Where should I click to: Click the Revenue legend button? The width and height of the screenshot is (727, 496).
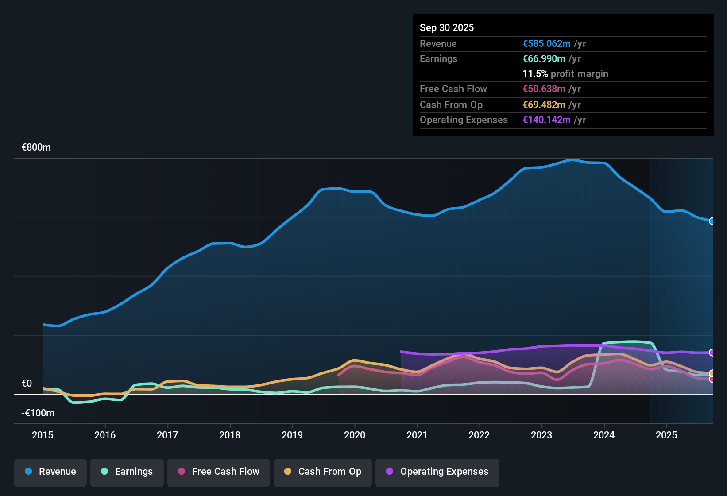50,472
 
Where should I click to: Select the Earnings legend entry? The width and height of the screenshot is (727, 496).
127,472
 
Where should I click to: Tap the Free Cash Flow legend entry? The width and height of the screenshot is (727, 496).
219,472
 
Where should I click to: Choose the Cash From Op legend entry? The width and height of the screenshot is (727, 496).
323,472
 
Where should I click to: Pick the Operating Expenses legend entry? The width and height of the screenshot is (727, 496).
437,472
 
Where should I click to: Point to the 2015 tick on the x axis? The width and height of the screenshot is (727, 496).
43,435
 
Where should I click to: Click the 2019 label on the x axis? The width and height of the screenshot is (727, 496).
292,435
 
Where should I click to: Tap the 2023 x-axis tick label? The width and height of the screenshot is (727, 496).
541,435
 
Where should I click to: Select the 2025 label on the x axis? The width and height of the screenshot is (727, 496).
666,435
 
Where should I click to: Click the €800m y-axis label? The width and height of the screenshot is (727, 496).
36,147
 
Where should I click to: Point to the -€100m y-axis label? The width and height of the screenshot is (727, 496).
38,413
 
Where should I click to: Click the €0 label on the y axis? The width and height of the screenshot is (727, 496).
27,384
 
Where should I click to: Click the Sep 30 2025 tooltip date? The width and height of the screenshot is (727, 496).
447,27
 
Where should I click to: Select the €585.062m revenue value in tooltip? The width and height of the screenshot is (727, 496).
546,44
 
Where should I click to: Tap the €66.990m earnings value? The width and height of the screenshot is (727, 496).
544,59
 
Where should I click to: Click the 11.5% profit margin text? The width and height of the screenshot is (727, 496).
565,74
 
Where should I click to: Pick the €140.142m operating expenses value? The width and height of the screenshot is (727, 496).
546,120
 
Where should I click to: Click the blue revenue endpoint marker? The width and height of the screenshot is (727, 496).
712,221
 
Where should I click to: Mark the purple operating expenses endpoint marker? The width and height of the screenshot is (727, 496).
712,353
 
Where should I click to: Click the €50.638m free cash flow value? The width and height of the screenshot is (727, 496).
544,89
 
